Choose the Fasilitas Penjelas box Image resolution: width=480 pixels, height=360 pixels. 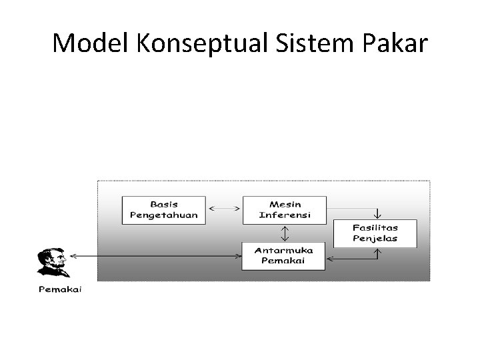tap(375, 233)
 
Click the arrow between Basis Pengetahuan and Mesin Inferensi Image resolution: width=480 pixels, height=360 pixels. tap(224, 209)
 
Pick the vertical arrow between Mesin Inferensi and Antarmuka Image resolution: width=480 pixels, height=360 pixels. tap(285, 232)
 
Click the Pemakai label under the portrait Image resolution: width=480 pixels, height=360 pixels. tap(59, 289)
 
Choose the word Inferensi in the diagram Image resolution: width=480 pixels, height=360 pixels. tap(285, 215)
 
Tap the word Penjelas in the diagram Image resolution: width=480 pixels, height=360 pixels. tap(375, 239)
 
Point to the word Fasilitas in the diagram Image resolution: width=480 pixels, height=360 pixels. tap(375, 227)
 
